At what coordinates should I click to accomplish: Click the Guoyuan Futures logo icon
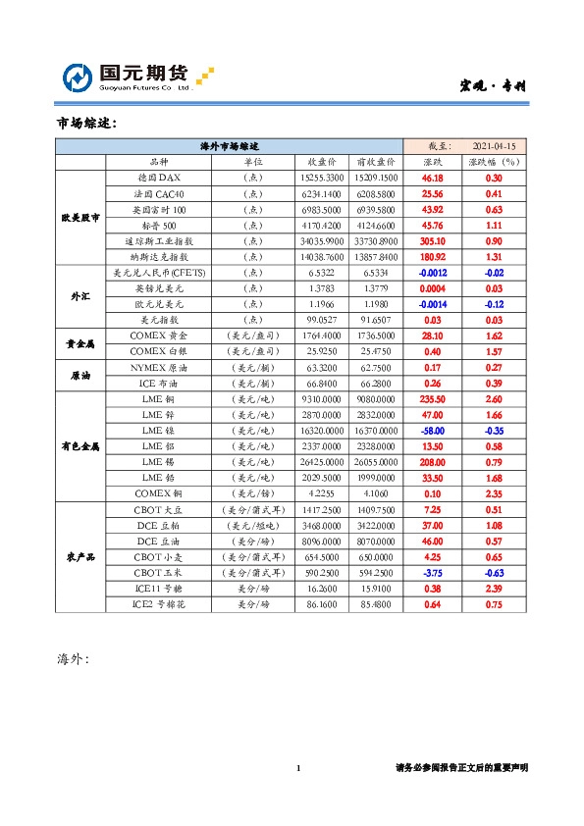coord(79,77)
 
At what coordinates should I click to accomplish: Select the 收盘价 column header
coord(323,161)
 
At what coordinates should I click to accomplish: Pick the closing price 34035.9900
coord(323,240)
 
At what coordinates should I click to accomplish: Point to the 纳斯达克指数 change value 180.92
coord(432,256)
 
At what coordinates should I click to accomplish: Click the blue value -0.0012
coord(432,272)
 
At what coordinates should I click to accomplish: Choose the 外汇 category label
coord(80,295)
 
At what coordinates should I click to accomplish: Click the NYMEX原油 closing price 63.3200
coord(323,367)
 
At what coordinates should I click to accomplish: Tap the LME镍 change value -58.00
coord(432,430)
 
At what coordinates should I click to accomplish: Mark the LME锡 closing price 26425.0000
coord(323,461)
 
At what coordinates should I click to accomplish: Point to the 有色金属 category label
coord(80,445)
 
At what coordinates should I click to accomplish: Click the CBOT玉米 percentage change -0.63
coord(494,572)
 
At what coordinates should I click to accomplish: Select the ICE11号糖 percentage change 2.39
coord(494,588)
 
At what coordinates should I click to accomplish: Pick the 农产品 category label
coord(80,556)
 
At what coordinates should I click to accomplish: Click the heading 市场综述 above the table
coord(86,124)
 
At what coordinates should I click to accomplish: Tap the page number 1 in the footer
coord(298,768)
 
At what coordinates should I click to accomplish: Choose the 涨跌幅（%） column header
coord(494,161)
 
